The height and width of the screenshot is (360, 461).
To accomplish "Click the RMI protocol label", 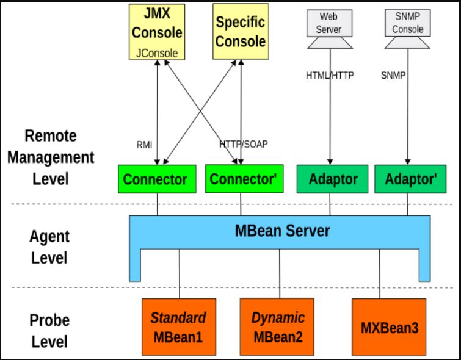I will click(x=145, y=145).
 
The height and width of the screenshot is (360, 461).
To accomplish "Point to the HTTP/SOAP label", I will click(x=243, y=145).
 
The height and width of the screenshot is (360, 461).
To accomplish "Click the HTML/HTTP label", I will click(x=330, y=76).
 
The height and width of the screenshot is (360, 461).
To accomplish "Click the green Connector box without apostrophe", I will click(x=155, y=179).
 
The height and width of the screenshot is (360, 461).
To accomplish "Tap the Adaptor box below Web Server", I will click(x=332, y=179).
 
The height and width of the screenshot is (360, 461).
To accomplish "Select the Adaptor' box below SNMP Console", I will click(x=410, y=179).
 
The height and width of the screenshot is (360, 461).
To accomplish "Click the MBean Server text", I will click(x=282, y=231).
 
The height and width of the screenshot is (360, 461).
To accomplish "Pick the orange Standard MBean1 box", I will click(x=178, y=326).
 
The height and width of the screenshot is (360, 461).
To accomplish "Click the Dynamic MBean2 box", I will click(x=277, y=326).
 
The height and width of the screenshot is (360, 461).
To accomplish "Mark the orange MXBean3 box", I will click(x=390, y=326).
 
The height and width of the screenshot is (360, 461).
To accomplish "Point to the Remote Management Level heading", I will click(x=59, y=157).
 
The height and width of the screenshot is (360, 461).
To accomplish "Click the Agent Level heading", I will click(x=49, y=247).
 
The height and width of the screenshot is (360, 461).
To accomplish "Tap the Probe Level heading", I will click(x=49, y=330).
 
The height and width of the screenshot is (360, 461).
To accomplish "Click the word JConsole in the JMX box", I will click(x=157, y=53).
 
